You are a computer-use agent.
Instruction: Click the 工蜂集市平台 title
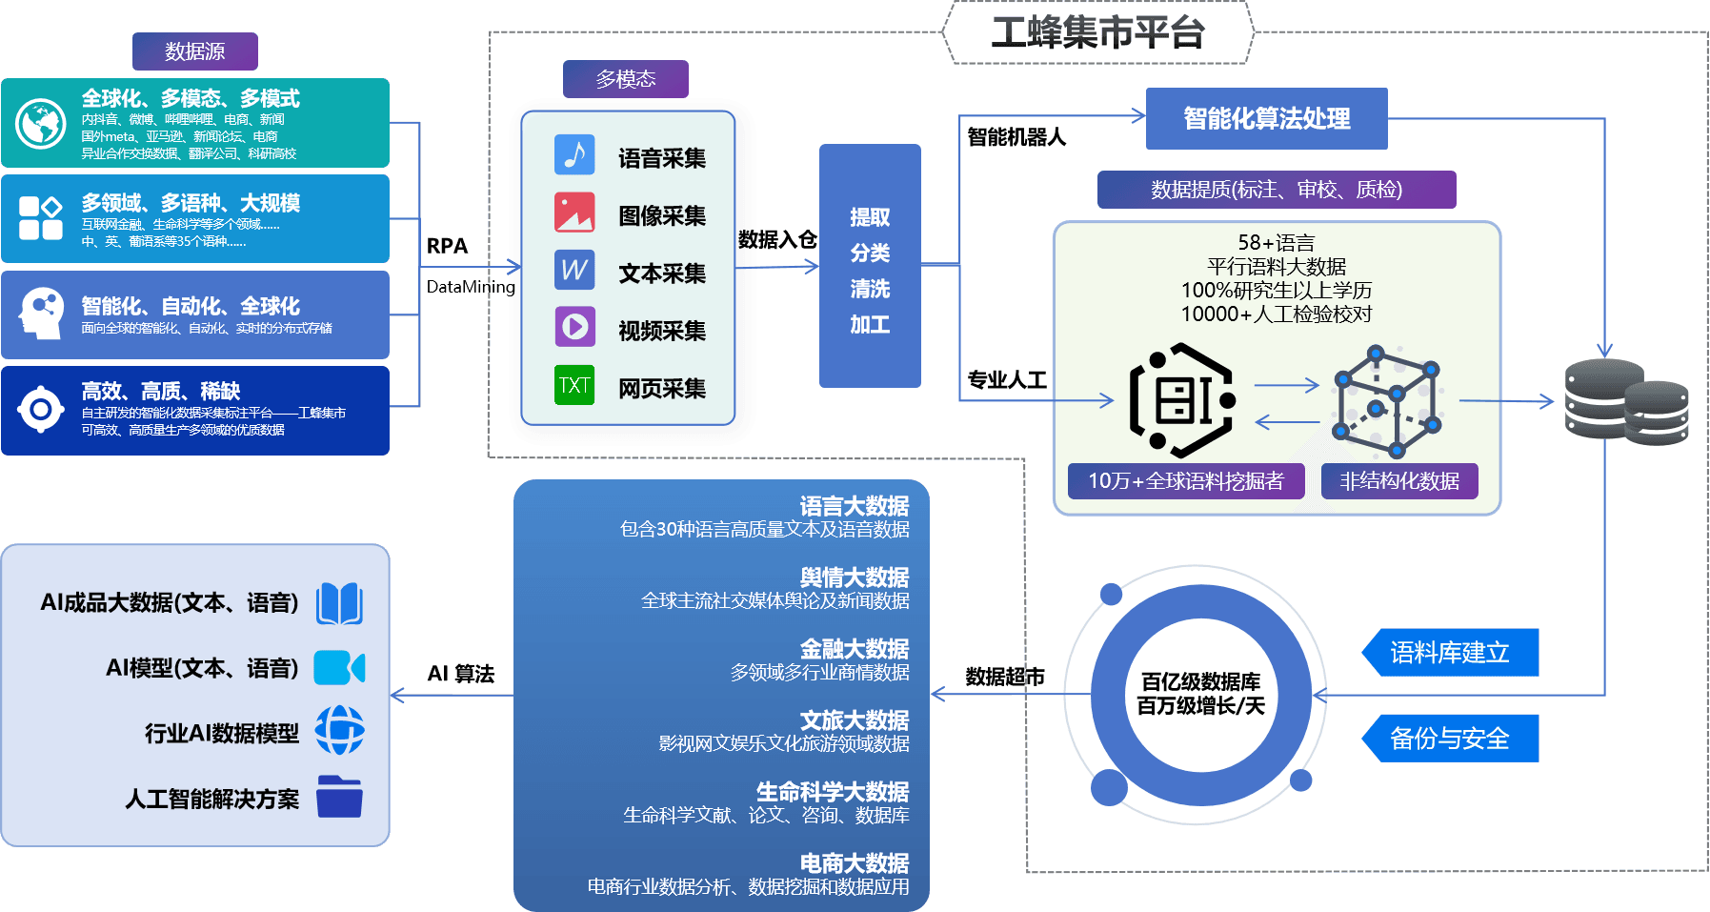pyautogui.click(x=1097, y=33)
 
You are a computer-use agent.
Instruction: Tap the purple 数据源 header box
pyautogui.click(x=195, y=51)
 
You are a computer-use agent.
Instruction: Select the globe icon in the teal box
pyautogui.click(x=41, y=124)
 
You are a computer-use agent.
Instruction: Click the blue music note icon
pyautogui.click(x=574, y=155)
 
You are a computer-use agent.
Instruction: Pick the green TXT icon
pyautogui.click(x=574, y=386)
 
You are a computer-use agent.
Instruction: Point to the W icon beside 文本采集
pyautogui.click(x=574, y=271)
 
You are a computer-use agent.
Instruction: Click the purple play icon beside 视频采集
pyautogui.click(x=574, y=327)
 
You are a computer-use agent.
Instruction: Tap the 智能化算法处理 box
pyautogui.click(x=1266, y=119)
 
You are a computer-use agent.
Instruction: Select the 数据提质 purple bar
pyautogui.click(x=1277, y=190)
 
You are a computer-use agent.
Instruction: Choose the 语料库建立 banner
pyautogui.click(x=1450, y=653)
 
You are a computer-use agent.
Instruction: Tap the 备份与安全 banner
pyautogui.click(x=1450, y=739)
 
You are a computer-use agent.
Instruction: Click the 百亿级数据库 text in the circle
pyautogui.click(x=1200, y=682)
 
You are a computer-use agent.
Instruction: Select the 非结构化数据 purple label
pyautogui.click(x=1399, y=481)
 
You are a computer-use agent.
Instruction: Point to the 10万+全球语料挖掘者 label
pyautogui.click(x=1186, y=481)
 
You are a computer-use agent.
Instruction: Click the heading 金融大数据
pyautogui.click(x=854, y=649)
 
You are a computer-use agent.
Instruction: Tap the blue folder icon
pyautogui.click(x=339, y=797)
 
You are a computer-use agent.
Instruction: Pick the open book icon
pyautogui.click(x=339, y=603)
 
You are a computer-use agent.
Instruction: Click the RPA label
pyautogui.click(x=447, y=246)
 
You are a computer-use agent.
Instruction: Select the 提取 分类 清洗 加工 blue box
pyautogui.click(x=870, y=266)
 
